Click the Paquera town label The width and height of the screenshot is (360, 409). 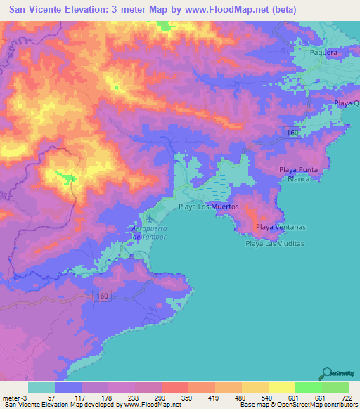[324, 52]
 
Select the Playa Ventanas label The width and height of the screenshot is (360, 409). [281, 227]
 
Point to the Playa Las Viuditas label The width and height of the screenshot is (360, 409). [274, 244]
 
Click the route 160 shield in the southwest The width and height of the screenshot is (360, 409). [101, 297]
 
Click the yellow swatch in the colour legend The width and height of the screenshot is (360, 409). [281, 387]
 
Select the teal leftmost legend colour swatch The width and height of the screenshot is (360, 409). [41, 387]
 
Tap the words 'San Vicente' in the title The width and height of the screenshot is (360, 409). [39, 10]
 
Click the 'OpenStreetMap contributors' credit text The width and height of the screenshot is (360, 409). [322, 405]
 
